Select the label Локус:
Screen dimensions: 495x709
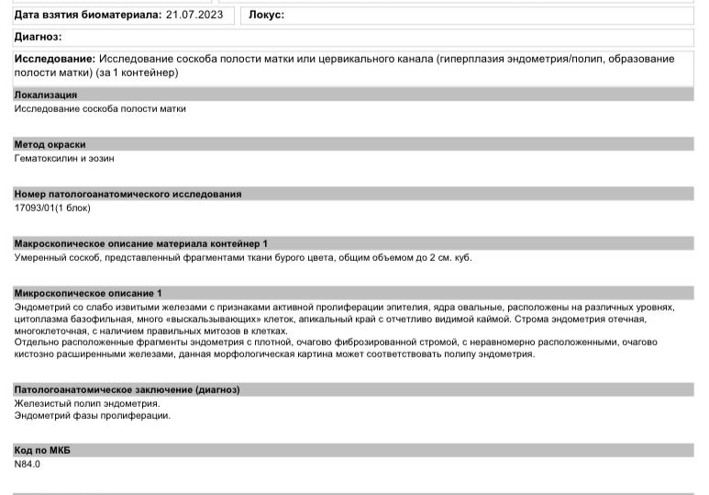(267, 15)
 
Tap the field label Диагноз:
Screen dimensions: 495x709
(38, 37)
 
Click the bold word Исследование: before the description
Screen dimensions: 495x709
(55, 59)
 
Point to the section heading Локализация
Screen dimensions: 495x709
(46, 95)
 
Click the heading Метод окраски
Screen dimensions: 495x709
(50, 144)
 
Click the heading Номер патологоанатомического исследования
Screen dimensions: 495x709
(127, 194)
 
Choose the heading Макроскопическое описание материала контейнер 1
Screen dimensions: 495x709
(141, 243)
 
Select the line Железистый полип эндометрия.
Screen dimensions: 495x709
(87, 403)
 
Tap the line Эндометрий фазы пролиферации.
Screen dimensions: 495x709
(93, 415)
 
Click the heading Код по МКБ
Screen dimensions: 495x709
(43, 450)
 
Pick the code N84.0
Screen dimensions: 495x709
(28, 464)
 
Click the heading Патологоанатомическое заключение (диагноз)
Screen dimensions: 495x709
(127, 389)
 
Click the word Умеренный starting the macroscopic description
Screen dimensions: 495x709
(40, 257)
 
